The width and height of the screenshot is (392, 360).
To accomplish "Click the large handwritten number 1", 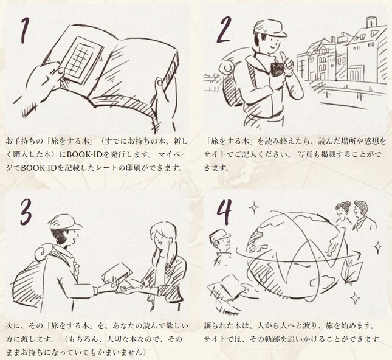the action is (25, 30).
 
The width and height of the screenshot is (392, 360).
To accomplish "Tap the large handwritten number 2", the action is (224, 30).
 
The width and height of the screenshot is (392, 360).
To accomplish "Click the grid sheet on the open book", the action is (81, 61).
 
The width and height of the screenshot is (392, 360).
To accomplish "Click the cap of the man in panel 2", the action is (269, 28).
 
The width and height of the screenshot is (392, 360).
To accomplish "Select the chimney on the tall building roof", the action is (371, 22).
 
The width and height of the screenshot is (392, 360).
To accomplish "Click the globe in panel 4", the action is (295, 253).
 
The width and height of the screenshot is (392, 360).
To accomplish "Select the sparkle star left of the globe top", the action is (255, 207).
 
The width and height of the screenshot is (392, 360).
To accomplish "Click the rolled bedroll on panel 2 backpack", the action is (227, 66).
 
